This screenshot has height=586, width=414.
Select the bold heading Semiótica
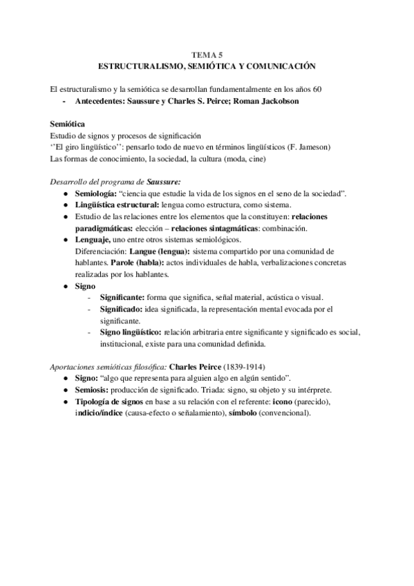(x=68, y=124)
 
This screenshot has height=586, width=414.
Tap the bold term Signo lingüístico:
(x=135, y=332)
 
